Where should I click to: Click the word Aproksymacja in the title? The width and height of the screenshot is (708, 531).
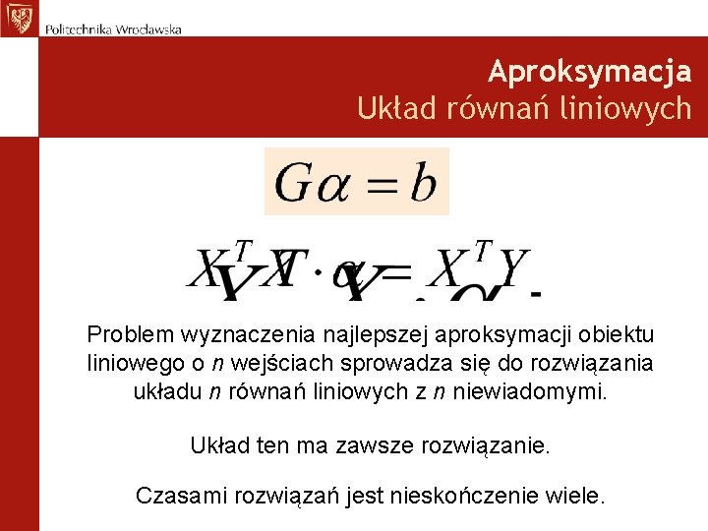[589, 72]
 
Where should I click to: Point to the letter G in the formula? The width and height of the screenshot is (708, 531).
[294, 182]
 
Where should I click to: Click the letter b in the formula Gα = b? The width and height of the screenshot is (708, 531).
[423, 182]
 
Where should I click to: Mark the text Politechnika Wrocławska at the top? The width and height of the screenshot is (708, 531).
[112, 29]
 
